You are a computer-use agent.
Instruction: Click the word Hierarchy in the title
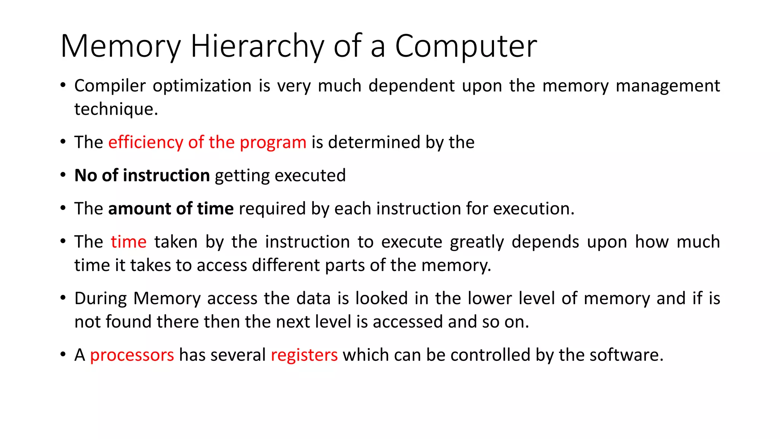coord(257,46)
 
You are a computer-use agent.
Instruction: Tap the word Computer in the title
coord(466,46)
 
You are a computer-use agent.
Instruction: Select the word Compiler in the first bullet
coord(110,86)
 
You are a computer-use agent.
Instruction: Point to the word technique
coord(116,109)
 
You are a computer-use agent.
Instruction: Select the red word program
coord(273,142)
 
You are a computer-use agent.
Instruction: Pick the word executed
coord(310,175)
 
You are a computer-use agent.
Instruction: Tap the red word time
coord(128,242)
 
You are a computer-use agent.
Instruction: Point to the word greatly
coord(477,242)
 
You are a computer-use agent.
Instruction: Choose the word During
coord(100,298)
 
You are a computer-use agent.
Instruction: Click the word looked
coord(382,298)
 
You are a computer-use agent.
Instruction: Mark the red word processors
coord(132,355)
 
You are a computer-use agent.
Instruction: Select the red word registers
coord(304,355)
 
